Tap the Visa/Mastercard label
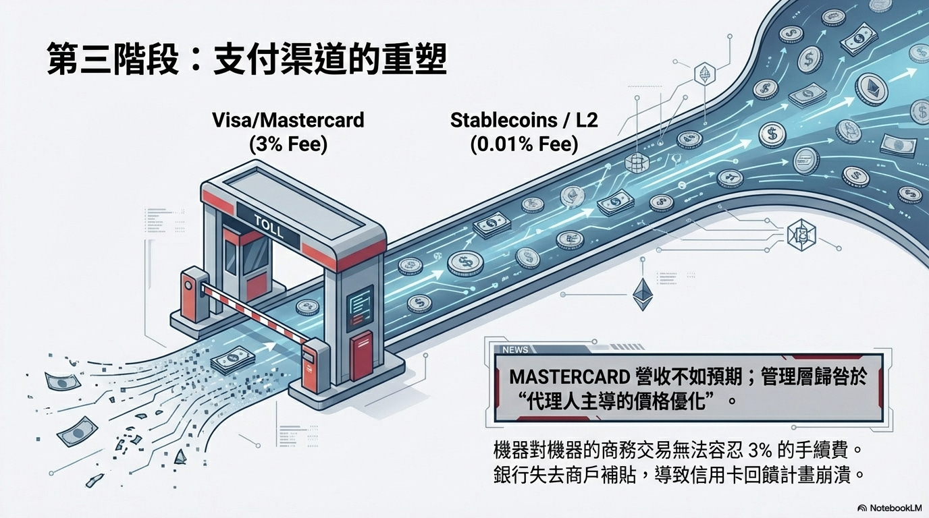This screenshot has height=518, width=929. (x=288, y=121)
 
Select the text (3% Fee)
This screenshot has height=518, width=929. (x=288, y=144)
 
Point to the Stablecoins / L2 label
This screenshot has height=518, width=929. (x=524, y=121)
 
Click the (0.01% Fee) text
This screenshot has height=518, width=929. (x=524, y=144)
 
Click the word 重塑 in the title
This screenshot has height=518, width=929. (x=418, y=59)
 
